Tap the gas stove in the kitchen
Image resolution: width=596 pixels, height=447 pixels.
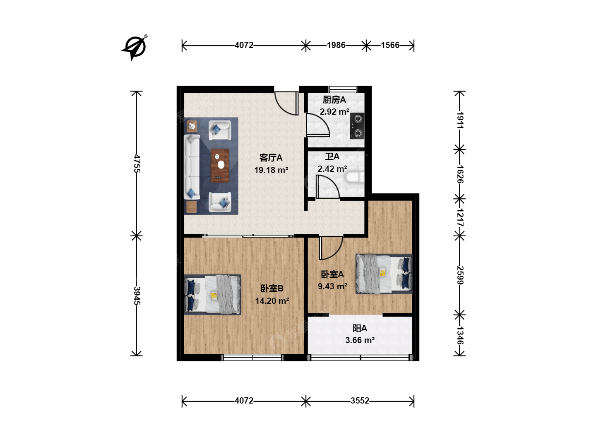[357, 126]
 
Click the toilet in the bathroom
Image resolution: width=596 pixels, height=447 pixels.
[355, 177]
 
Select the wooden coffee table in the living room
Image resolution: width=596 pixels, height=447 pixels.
[220, 166]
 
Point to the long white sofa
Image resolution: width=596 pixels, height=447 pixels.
[192, 167]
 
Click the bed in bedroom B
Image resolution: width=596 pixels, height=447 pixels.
[212, 294]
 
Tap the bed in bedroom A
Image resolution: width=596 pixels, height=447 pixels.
[384, 274]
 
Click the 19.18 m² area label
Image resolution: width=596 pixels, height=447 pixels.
[271, 170]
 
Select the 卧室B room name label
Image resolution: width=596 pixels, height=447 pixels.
[272, 288]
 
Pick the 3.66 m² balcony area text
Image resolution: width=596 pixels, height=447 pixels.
[360, 340]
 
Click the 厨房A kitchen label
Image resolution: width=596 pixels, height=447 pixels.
[334, 100]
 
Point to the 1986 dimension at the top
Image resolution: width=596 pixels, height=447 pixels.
[336, 45]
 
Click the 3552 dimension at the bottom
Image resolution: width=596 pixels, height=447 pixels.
[360, 401]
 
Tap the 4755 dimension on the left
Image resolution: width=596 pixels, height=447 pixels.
[137, 163]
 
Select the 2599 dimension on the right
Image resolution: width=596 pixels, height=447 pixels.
[460, 275]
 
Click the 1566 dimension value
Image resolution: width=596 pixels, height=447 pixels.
[390, 45]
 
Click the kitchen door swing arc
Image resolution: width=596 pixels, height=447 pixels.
[318, 125]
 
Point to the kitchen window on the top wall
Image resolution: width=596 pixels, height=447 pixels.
[343, 89]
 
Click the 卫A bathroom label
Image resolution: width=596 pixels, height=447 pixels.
[332, 156]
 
